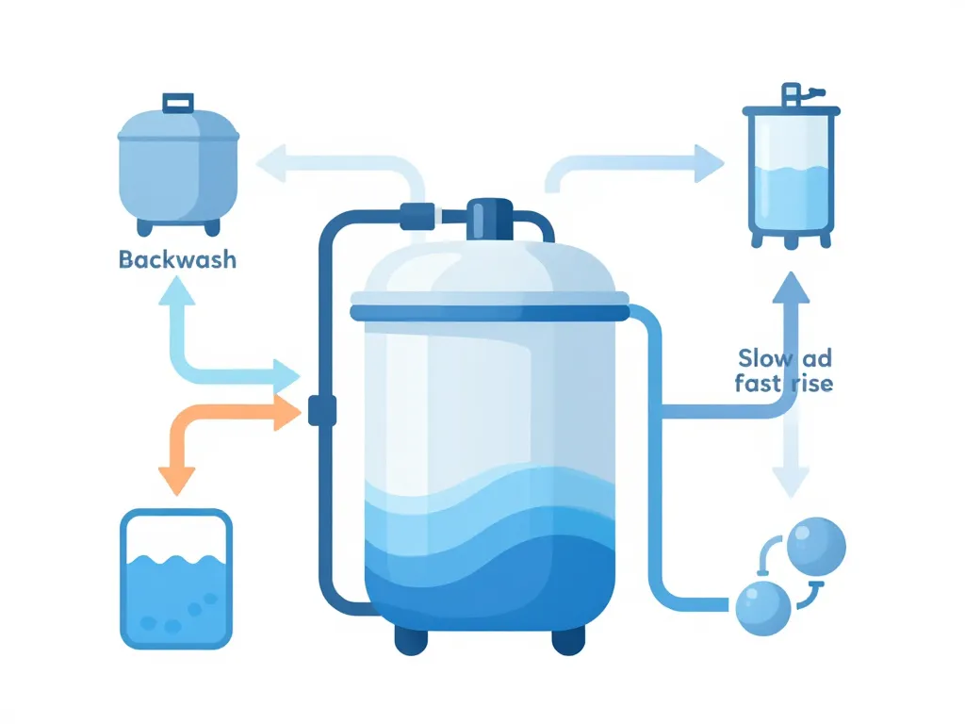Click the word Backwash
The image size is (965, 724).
177,259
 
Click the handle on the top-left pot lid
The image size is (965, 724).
177,103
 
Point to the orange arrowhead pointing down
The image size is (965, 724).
176,480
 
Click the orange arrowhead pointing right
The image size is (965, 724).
286,412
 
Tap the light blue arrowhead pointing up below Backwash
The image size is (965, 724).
176,293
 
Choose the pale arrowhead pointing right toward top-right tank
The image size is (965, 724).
708,163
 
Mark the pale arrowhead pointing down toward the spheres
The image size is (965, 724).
790,482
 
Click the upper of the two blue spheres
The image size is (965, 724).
815,544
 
